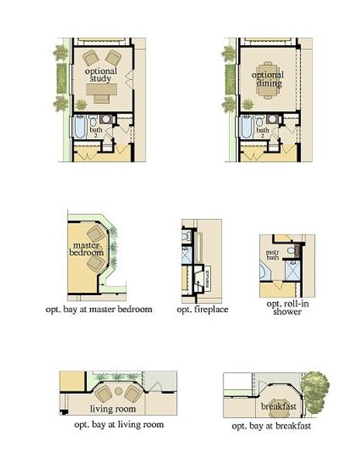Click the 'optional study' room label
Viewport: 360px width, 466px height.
[100, 75]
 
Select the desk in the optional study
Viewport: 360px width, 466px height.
[101, 92]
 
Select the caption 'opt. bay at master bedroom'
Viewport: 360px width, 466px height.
[99, 309]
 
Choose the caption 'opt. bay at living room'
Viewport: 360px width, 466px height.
[119, 425]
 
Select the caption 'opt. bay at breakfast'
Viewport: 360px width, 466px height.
[271, 426]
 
